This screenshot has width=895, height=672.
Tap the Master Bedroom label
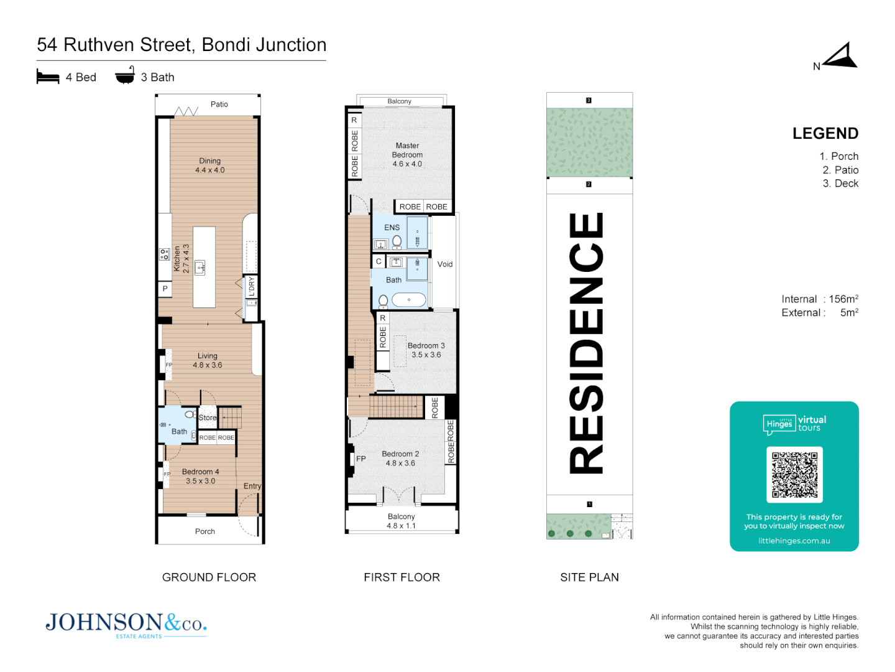[407, 154]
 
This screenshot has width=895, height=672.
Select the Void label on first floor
[445, 264]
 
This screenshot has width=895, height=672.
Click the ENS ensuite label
[392, 227]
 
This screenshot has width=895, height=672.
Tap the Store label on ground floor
[208, 418]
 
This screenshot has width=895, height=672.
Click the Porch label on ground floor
[205, 531]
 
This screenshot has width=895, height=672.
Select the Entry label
[252, 486]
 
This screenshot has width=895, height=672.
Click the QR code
[794, 474]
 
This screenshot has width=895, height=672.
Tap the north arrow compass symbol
[840, 56]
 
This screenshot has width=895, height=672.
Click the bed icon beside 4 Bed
[48, 77]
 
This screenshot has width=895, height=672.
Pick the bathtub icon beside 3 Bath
[125, 75]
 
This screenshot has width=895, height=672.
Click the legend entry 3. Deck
[840, 184]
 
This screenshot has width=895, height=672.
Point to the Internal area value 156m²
[843, 299]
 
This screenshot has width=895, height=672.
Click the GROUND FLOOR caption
[209, 577]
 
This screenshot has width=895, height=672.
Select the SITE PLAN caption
[589, 577]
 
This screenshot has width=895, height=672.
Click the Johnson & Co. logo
[126, 623]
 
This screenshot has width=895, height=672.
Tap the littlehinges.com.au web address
[794, 541]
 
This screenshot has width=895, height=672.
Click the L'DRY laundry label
[251, 287]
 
